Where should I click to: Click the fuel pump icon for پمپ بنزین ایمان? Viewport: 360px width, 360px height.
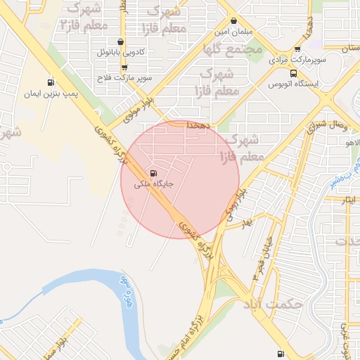click(x=49, y=82)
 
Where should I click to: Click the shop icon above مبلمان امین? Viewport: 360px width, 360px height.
click(x=233, y=21)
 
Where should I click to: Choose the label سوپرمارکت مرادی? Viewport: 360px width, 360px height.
click(x=301, y=61)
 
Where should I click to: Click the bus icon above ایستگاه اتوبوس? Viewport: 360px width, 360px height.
click(x=292, y=72)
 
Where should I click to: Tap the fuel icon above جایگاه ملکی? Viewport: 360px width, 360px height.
click(x=153, y=174)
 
